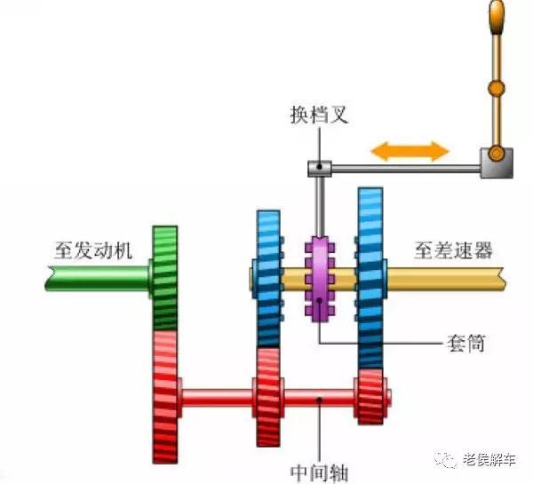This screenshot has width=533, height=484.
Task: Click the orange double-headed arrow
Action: pyautogui.click(x=410, y=150)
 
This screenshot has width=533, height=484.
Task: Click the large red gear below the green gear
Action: pyautogui.click(x=164, y=391)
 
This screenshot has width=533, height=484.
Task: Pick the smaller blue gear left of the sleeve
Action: pyautogui.click(x=267, y=278)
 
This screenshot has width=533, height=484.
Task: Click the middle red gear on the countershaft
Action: pyautogui.click(x=267, y=396)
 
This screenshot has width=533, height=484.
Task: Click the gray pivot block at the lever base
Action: pyautogui.click(x=495, y=163)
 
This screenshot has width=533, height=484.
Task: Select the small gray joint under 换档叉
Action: pyautogui.click(x=319, y=167)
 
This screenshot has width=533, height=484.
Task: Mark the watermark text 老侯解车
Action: pyautogui.click(x=489, y=459)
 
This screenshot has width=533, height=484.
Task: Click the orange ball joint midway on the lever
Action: pyautogui.click(x=496, y=88)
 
